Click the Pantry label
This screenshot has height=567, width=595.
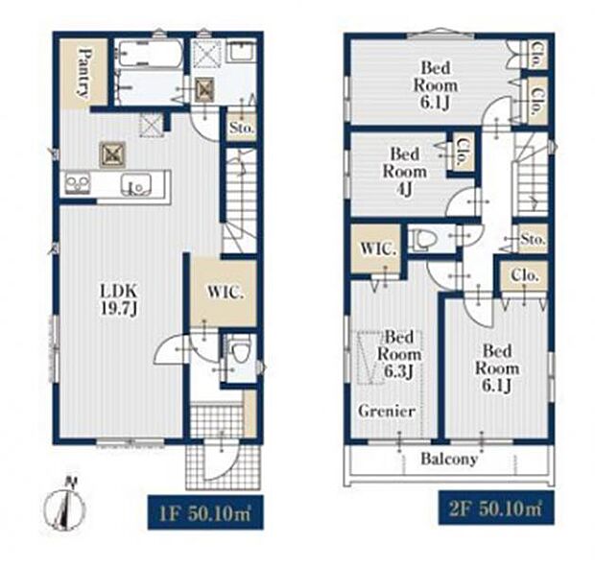coord(85,73)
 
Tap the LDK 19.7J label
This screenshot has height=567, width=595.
coord(118,299)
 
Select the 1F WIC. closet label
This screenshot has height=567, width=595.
coord(225,293)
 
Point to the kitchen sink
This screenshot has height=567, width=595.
coord(136,185)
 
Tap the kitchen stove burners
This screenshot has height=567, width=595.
coord(77,183)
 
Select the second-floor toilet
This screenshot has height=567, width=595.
coord(424,239)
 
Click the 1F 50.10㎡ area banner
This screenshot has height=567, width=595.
coord(205,512)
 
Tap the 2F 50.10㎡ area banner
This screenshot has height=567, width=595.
coord(496,508)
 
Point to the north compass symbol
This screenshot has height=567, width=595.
coord(65,505)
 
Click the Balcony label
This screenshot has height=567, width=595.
coord(449,459)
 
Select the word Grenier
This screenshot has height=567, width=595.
coord(387,411)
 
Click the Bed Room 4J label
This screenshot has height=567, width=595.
coord(405,172)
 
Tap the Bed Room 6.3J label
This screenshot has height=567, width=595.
coord(399,354)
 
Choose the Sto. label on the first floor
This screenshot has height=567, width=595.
coord(241,128)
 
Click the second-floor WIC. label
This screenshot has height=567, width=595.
coord(377,248)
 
